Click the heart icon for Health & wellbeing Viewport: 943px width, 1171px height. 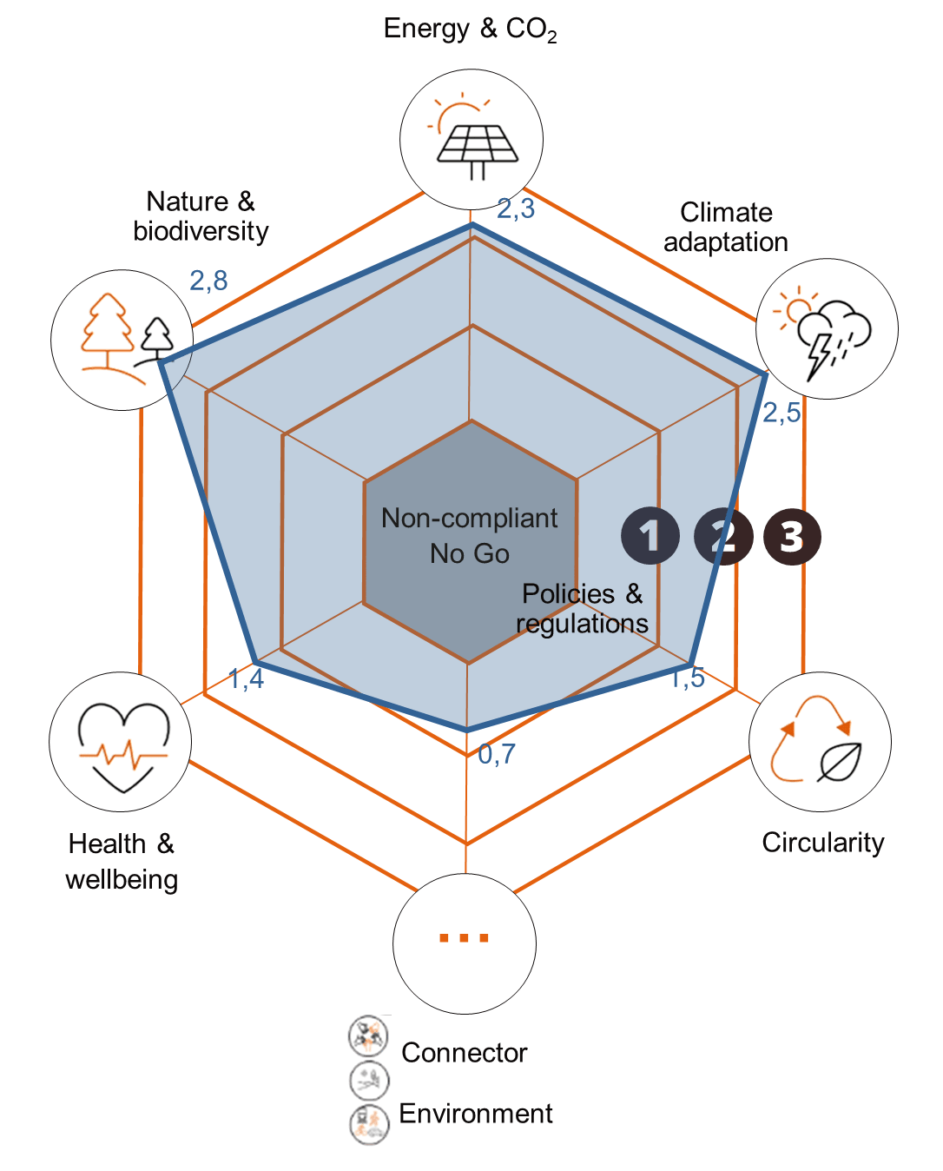pos(122,744)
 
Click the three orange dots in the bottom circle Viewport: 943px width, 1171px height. pos(464,938)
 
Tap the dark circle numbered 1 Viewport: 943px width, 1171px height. pos(650,536)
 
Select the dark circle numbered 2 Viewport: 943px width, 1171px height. pos(722,536)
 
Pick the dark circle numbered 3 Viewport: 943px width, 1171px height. pos(792,536)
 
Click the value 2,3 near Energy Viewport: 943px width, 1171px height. pos(517,208)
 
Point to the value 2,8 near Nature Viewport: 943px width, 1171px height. pos(208,280)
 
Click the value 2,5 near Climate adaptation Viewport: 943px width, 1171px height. pos(781,413)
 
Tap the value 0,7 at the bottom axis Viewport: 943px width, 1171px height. pos(497,754)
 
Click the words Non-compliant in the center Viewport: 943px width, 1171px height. pos(469,519)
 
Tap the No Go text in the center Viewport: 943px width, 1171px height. pos(469,553)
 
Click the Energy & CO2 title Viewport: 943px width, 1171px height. pos(470,30)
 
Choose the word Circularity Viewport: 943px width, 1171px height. pos(823,843)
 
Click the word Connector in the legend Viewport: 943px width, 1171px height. pos(464,1053)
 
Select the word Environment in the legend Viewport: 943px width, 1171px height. pos(476,1114)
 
